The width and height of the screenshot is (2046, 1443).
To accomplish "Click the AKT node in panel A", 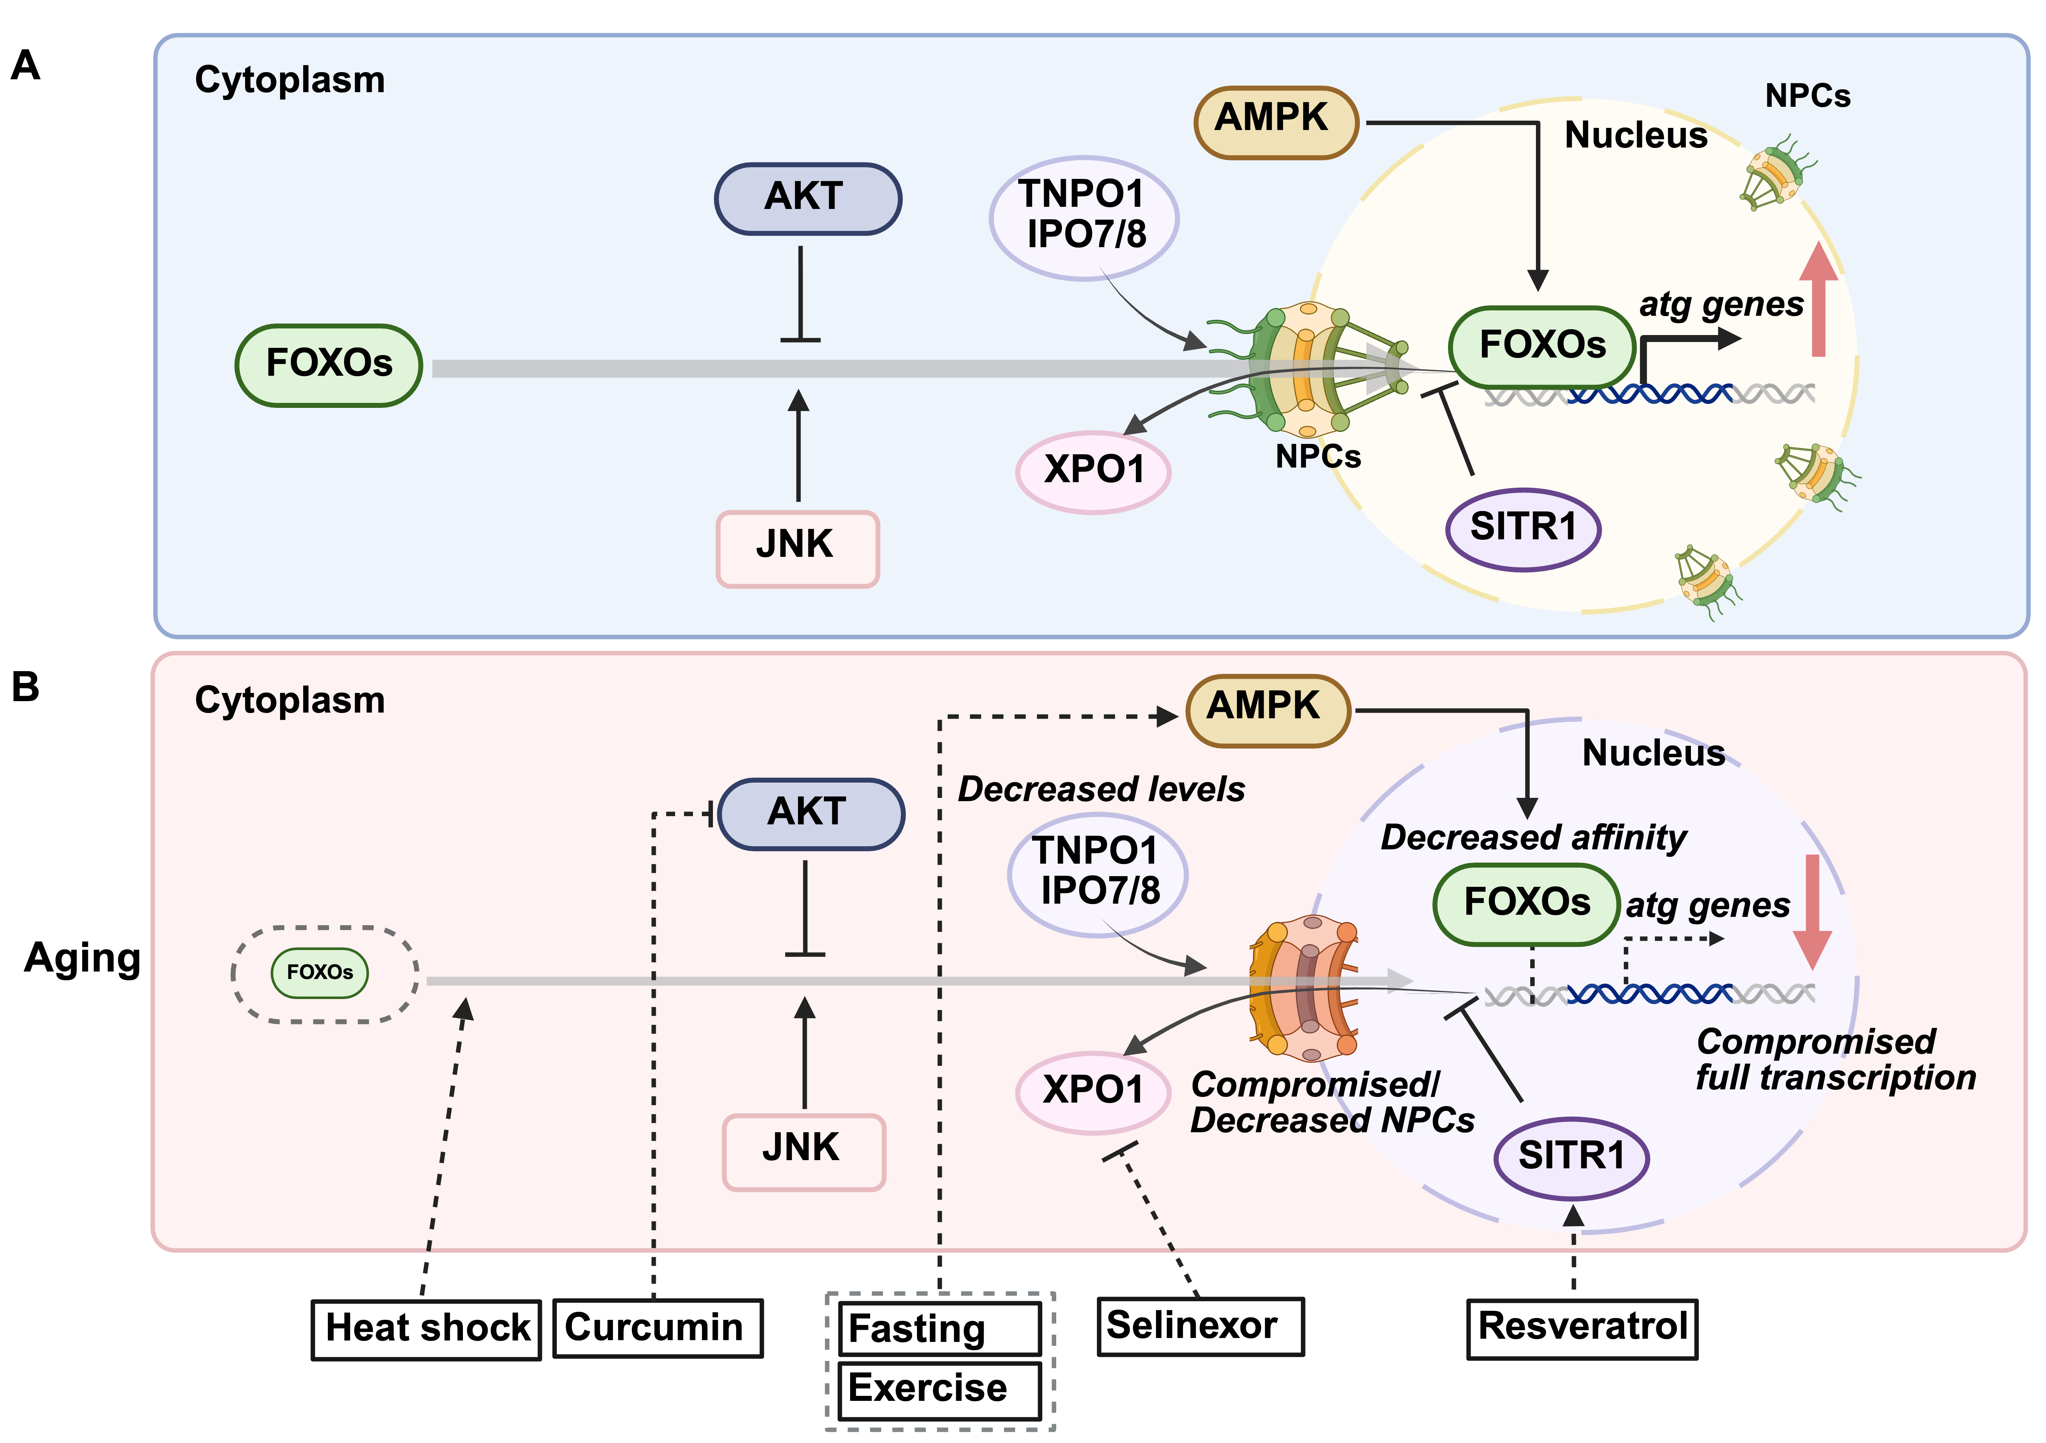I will (807, 198).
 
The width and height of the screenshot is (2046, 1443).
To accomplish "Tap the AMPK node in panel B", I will (1267, 709).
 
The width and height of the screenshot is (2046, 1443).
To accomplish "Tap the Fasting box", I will (939, 1329).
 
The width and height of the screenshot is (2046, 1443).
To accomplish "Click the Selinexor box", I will (1199, 1326).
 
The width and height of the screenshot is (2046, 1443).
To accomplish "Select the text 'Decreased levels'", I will (1102, 790).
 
